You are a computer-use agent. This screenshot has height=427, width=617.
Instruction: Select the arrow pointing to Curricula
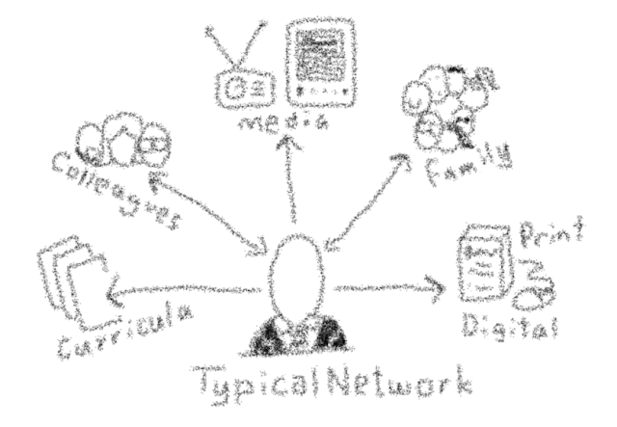[183, 290]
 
